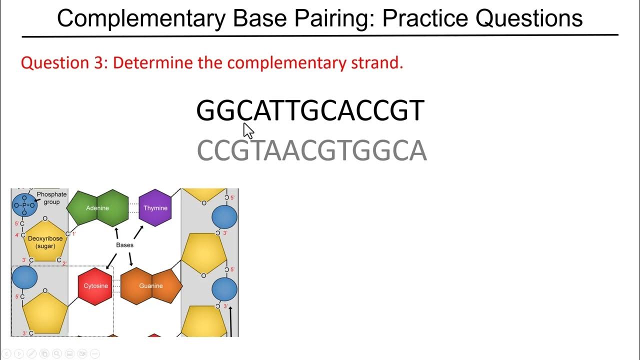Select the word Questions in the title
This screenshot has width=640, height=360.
click(529, 18)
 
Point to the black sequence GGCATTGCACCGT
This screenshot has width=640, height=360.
click(310, 111)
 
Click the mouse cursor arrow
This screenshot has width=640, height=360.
click(248, 131)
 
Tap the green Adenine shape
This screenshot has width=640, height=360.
click(97, 208)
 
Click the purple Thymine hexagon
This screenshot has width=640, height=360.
click(155, 208)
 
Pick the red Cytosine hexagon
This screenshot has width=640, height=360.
click(95, 286)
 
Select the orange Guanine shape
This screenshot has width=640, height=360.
click(151, 286)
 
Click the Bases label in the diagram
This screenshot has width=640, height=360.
click(124, 245)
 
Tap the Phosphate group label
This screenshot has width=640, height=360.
click(51, 198)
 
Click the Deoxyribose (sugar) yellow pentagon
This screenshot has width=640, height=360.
click(45, 242)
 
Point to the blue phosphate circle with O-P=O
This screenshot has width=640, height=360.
click(24, 205)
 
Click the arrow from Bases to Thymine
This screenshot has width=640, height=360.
click(138, 232)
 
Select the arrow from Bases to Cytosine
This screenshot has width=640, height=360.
click(111, 260)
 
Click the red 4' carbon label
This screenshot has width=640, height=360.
click(16, 235)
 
